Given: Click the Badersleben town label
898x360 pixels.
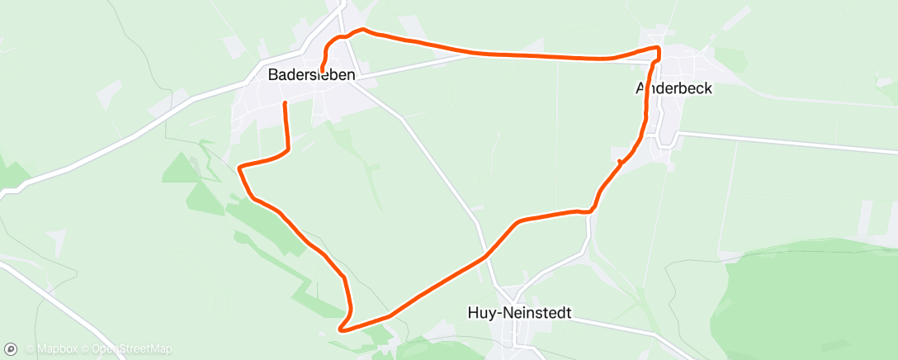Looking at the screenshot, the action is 311,74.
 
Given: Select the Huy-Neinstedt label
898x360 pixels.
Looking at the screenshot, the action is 519,314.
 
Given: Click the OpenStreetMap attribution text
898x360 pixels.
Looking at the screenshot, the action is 131,348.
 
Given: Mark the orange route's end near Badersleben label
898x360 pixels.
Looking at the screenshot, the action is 321,69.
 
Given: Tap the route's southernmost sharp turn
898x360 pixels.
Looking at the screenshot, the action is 341,328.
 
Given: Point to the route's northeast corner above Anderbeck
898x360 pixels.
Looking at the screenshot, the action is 658,49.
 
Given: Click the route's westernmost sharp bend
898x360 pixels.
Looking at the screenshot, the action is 239,168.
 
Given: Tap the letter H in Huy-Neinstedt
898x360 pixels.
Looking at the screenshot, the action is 472,314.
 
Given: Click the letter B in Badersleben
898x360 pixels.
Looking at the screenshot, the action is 273,74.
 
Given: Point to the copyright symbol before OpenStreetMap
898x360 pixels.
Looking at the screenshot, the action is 85,348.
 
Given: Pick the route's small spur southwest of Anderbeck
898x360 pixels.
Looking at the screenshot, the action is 619,161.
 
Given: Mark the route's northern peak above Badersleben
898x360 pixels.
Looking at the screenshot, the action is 362,30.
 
